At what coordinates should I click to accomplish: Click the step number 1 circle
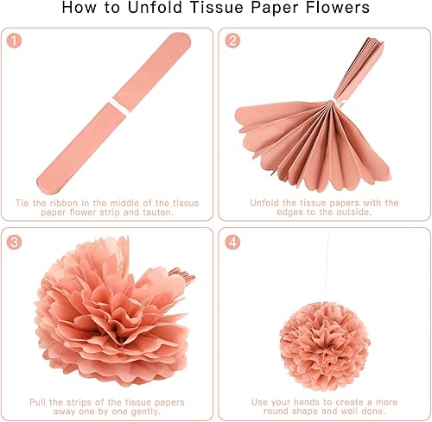pos(14,41)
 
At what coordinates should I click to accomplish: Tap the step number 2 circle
pos(232,41)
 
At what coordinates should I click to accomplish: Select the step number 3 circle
pos(14,242)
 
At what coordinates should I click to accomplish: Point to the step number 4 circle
pos(232,242)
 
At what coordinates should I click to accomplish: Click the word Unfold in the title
pos(155,7)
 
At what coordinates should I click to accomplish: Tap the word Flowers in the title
pos(338,7)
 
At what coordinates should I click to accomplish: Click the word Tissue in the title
pos(216,7)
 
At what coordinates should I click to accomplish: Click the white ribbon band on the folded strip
pos(119,106)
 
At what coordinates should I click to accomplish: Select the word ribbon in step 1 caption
pos(64,203)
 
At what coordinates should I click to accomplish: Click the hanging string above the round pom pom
pos(327,267)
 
